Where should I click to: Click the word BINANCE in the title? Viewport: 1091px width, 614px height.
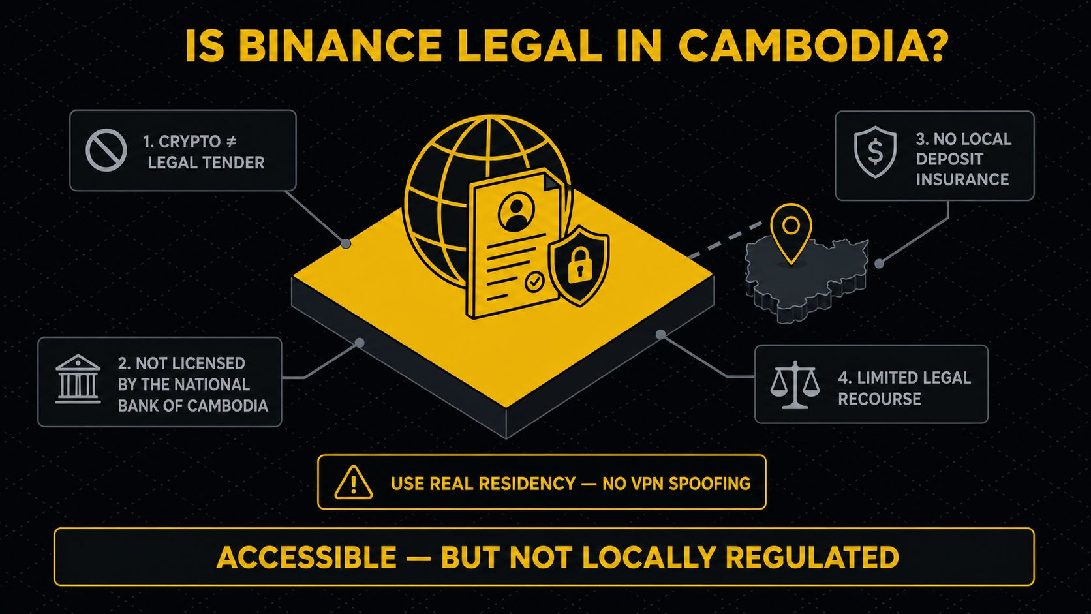tap(340, 46)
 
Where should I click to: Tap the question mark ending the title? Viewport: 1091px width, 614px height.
tap(935, 46)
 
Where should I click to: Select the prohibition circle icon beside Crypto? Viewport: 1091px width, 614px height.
tap(106, 151)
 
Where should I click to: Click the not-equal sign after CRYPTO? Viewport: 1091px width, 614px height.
tap(232, 142)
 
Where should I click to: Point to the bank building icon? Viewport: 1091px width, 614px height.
tap(78, 379)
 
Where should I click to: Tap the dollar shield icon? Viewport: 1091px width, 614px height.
tap(875, 152)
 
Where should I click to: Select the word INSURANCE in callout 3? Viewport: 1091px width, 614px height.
tap(962, 179)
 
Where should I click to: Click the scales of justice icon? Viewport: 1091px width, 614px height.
tap(795, 385)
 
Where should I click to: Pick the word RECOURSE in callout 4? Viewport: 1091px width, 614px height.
tap(880, 399)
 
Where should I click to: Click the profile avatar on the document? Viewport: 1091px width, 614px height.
tap(516, 212)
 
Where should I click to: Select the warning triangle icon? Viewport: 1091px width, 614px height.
tap(354, 483)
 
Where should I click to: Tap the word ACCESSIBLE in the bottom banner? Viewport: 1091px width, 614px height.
tap(306, 557)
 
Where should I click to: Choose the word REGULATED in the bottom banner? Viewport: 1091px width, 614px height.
tap(812, 557)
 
